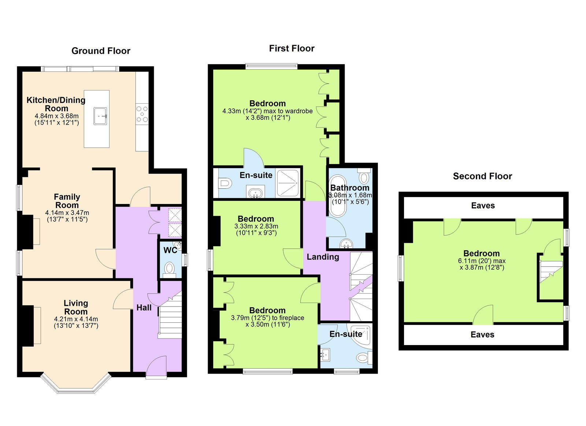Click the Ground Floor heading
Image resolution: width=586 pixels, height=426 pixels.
click(x=101, y=51)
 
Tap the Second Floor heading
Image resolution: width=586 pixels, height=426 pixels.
click(x=482, y=176)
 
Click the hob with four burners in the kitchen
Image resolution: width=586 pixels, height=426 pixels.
click(x=142, y=114)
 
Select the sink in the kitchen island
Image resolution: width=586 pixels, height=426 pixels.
click(x=100, y=116)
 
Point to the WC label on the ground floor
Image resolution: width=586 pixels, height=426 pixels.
click(x=170, y=250)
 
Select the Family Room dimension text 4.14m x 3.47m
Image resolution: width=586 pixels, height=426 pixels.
click(x=67, y=212)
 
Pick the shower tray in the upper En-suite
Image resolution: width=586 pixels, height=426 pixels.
click(x=288, y=183)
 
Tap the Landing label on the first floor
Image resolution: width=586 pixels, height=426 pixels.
click(x=323, y=257)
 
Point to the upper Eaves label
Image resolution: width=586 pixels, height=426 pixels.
click(x=483, y=205)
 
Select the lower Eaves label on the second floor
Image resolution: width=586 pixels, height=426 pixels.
click(x=482, y=334)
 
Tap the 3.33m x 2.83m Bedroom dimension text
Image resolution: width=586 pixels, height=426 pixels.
click(x=256, y=226)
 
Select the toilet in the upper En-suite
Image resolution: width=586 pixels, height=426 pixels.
click(x=224, y=183)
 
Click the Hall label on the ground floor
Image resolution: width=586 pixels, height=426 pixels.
click(x=144, y=308)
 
